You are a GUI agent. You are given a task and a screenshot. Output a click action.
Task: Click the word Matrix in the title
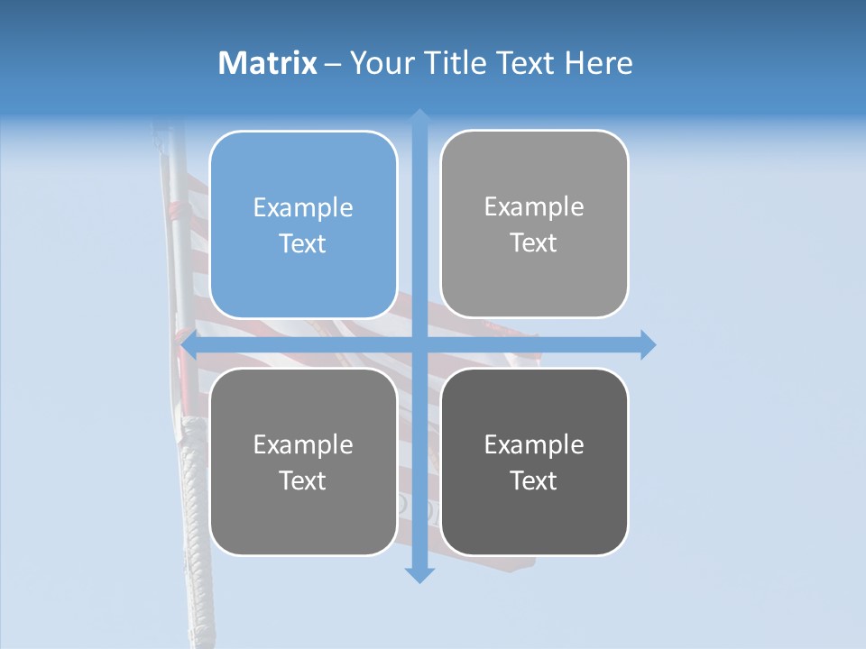pos(268,63)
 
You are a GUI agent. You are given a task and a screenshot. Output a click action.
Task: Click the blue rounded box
pos(303,224)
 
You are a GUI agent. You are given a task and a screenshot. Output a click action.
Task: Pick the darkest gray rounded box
pos(534,462)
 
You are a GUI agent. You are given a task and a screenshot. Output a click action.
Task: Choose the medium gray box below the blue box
pos(303,462)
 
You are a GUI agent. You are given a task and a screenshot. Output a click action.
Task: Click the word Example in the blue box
pos(303,208)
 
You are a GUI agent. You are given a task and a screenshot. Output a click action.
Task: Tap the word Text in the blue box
pos(303,244)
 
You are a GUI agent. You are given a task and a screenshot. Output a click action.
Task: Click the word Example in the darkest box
pos(534,444)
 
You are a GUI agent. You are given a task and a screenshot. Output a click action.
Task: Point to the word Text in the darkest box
pos(534,481)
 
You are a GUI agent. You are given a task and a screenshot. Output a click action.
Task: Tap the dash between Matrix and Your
pos(333,64)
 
